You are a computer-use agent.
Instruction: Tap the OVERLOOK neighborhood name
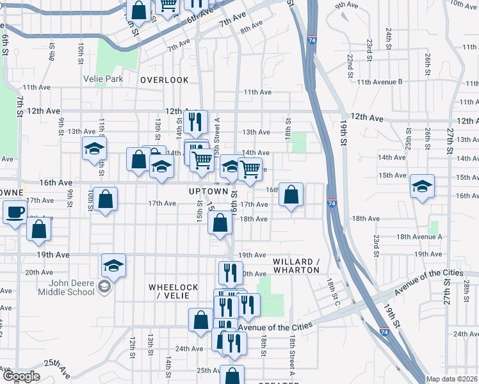click(165, 80)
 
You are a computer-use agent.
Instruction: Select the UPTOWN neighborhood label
click(208, 191)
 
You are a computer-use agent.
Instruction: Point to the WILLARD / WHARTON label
click(296, 266)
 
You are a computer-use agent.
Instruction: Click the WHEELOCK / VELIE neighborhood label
click(173, 292)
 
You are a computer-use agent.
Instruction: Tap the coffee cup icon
click(15, 212)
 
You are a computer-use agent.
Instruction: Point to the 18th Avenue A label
click(419, 237)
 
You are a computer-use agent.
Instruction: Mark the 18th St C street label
click(332, 291)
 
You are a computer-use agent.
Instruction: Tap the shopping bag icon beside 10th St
click(106, 199)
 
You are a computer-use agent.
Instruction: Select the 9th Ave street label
click(346, 5)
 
